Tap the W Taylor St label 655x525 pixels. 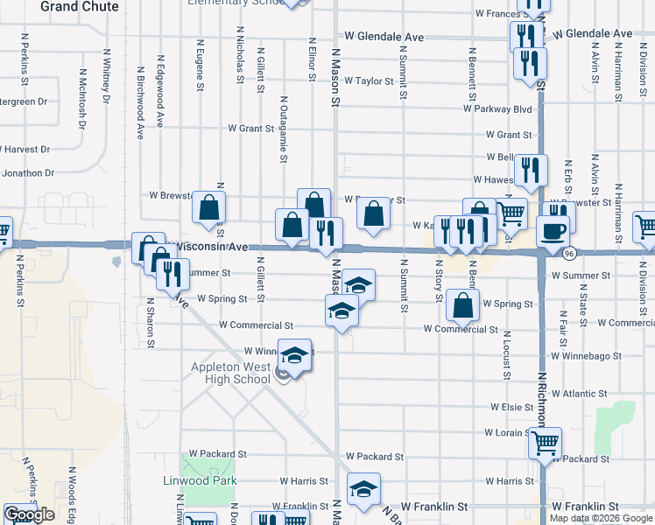click(370, 81)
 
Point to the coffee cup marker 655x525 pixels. click(552, 229)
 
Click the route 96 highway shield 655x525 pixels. click(569, 253)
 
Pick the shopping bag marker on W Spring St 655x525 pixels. click(462, 304)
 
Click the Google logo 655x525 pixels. click(29, 514)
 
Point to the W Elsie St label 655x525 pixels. click(511, 408)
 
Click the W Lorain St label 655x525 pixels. click(505, 433)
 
